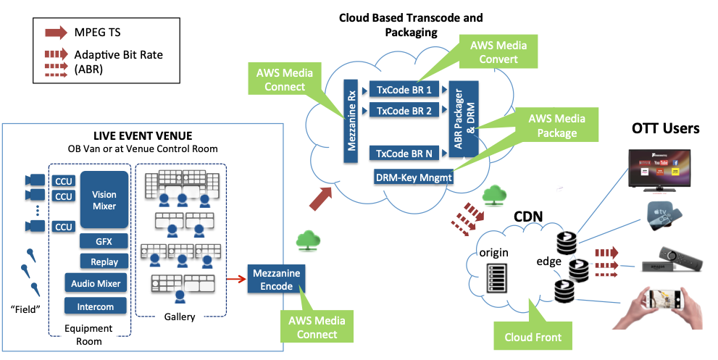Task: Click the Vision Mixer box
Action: tap(104, 200)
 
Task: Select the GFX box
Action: tap(104, 240)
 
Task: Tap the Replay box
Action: tap(104, 261)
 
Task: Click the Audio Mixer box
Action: tap(96, 283)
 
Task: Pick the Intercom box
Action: tap(96, 306)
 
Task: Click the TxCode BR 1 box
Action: tap(404, 90)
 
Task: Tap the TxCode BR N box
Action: tap(404, 153)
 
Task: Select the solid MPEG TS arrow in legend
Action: tap(54, 33)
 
